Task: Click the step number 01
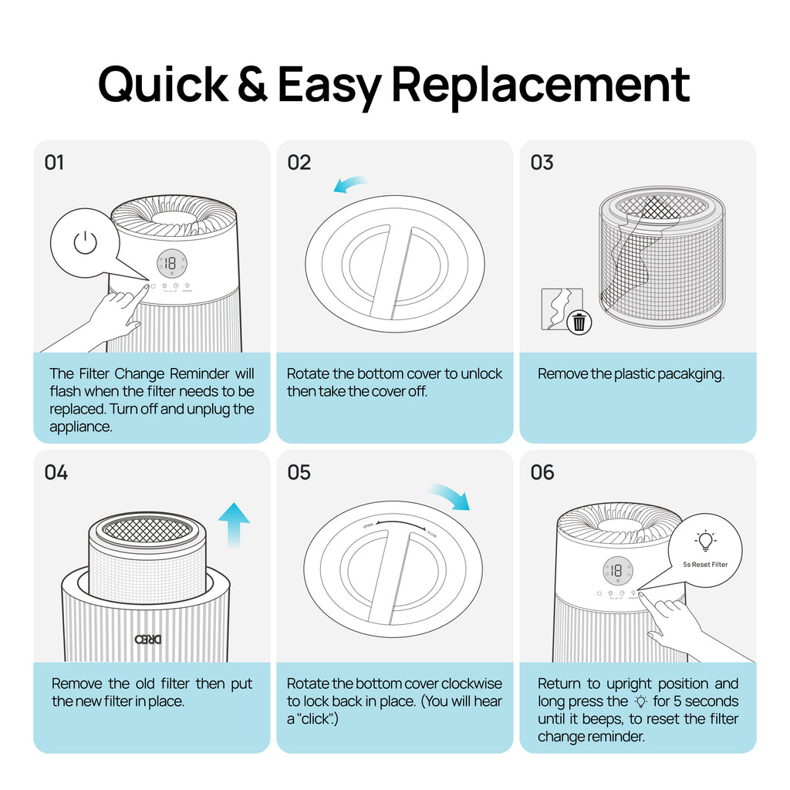(54, 163)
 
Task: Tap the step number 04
(56, 472)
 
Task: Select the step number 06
(542, 472)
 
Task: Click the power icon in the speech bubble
(85, 243)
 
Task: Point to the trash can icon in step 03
(579, 322)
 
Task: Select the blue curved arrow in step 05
(450, 495)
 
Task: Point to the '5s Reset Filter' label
(704, 564)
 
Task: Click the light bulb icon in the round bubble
(704, 541)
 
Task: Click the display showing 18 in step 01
(170, 263)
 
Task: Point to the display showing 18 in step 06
(615, 572)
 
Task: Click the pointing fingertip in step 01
(145, 289)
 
